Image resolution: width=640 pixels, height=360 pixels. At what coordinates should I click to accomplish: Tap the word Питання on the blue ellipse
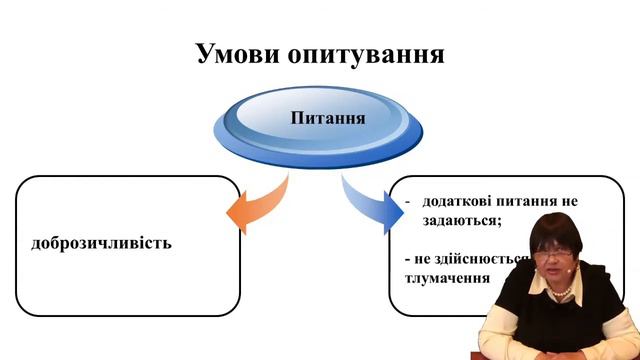tap(327, 118)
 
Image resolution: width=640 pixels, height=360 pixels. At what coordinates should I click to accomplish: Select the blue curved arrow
tap(367, 201)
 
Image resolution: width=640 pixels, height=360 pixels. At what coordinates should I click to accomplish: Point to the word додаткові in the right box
tap(459, 200)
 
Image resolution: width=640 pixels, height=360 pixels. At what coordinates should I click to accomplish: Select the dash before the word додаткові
tap(408, 201)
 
